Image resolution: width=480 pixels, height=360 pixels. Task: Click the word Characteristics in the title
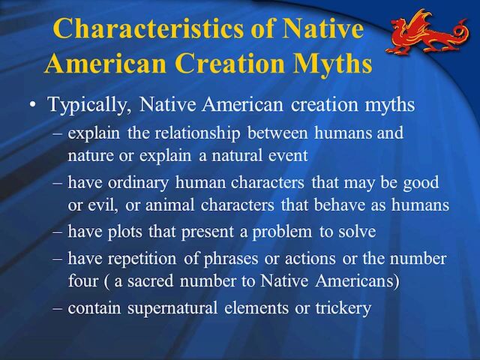pos(148,28)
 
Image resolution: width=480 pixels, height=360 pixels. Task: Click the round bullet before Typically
pos(32,105)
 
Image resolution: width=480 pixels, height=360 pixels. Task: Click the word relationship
pos(197,133)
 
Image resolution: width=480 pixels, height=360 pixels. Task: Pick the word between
pos(277,133)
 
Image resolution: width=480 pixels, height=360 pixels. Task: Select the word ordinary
pos(138,183)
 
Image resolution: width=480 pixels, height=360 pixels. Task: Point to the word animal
pos(170,205)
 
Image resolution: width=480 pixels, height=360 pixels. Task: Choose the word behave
pos(340,205)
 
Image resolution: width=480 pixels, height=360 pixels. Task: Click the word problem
pos(282,232)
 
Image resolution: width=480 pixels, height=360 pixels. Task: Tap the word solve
pos(357,232)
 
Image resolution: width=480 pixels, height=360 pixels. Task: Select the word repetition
pos(142,259)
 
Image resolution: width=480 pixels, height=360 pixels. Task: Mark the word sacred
pos(150,281)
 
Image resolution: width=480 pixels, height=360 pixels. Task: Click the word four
pos(82,281)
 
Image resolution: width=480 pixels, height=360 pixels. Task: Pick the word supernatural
pos(172,308)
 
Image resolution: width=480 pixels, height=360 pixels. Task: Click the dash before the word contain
pos(57,308)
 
